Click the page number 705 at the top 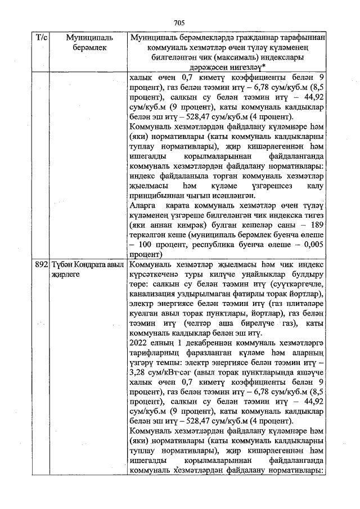[179, 23]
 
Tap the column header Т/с [42, 38]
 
